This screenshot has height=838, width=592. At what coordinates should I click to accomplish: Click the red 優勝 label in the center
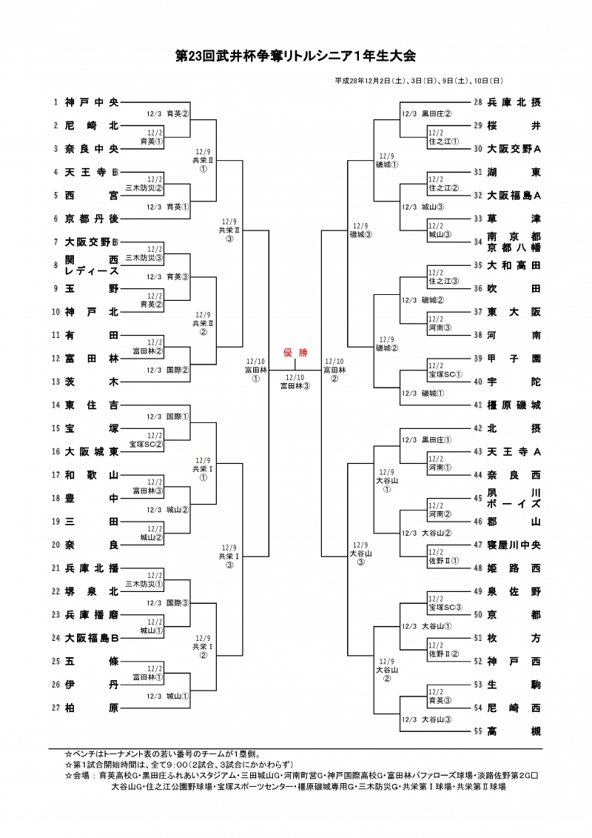click(x=295, y=353)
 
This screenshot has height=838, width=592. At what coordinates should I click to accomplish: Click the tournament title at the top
click(x=296, y=56)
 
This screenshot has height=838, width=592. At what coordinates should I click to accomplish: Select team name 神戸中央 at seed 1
click(x=91, y=102)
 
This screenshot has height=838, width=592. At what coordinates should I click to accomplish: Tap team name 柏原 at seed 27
click(x=91, y=708)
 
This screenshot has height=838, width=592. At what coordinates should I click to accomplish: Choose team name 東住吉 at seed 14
click(x=91, y=405)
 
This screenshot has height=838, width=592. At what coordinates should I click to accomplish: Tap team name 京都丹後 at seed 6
click(x=91, y=219)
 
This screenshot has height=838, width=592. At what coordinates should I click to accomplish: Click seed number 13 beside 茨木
click(x=55, y=382)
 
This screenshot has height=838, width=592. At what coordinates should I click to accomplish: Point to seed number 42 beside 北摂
click(x=478, y=428)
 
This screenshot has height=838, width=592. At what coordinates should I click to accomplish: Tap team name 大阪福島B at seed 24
click(x=91, y=637)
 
